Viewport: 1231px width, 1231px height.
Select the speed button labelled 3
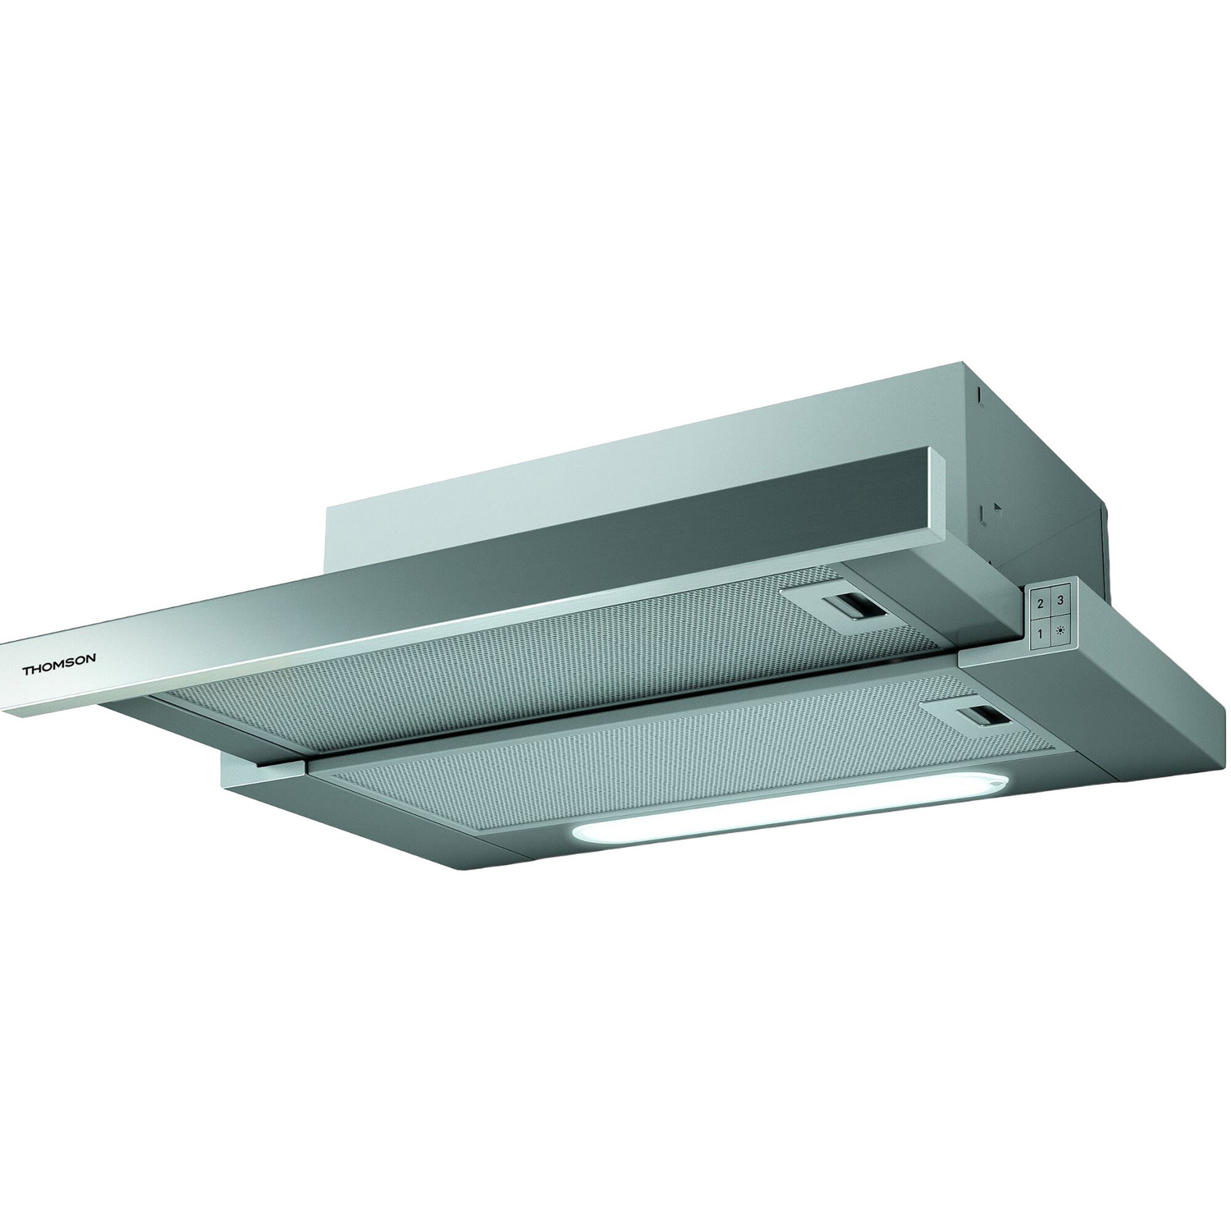click(1062, 600)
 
